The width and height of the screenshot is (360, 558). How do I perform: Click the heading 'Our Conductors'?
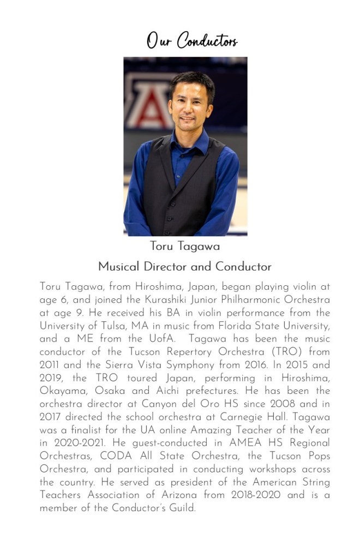(191, 40)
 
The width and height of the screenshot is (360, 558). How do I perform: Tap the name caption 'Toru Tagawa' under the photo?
(185, 247)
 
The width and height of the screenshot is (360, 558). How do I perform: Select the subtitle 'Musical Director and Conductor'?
(185, 267)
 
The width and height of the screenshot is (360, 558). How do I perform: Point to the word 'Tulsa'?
(100, 326)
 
